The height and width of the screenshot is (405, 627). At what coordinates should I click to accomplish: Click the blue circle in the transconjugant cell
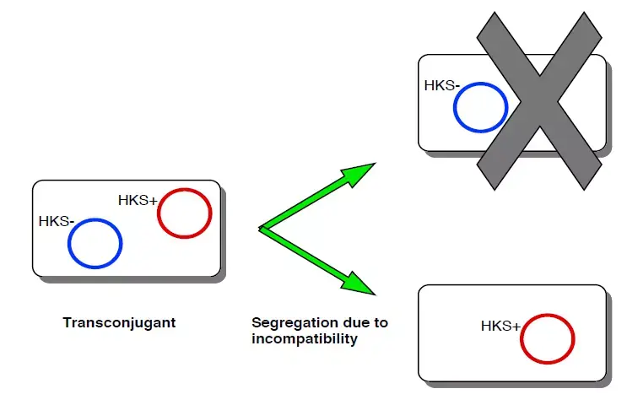coord(95,245)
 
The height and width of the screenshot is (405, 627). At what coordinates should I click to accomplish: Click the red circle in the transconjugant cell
coord(184,213)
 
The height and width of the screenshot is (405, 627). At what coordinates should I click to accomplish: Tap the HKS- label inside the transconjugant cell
coord(57,222)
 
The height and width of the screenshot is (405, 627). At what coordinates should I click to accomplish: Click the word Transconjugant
coord(119,322)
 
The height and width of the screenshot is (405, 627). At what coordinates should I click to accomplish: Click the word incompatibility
coord(305,339)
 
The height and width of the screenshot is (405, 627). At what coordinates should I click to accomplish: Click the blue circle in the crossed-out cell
coord(480,108)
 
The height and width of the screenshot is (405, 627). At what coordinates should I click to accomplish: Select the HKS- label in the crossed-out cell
coord(442,85)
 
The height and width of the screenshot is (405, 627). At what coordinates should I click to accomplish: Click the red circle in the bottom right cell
coord(548,339)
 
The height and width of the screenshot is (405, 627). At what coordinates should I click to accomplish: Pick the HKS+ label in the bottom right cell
coord(500,326)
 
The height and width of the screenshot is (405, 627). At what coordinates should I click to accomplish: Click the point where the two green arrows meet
coord(262,228)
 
